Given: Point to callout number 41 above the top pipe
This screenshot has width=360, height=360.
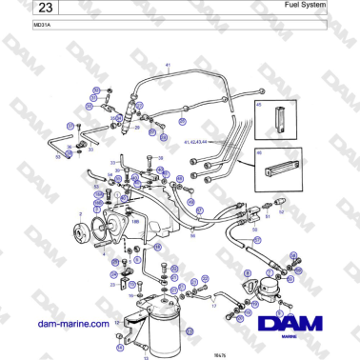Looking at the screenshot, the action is (168, 66).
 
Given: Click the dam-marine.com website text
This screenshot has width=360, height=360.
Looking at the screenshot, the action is (72, 324).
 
